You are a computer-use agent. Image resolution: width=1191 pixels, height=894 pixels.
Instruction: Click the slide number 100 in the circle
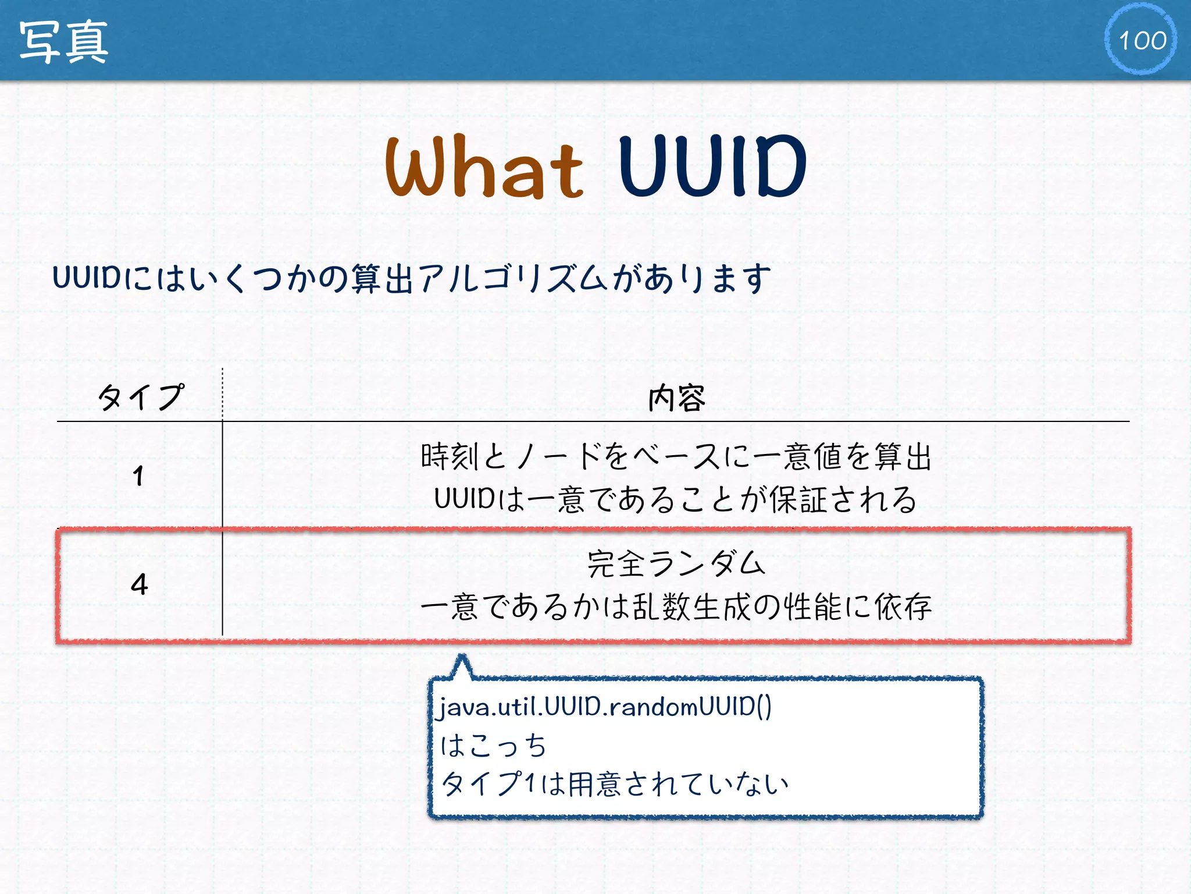tap(1142, 40)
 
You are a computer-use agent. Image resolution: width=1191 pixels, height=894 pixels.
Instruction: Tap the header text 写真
tap(63, 41)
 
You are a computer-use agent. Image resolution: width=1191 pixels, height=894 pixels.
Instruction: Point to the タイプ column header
tap(140, 398)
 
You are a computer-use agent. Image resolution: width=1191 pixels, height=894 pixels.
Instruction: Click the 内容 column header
tap(676, 399)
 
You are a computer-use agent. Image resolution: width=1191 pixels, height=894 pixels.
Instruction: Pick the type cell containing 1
tap(138, 476)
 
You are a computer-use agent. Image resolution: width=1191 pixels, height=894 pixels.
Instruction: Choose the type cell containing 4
tap(139, 584)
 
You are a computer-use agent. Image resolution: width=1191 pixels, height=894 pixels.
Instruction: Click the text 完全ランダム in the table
tap(676, 563)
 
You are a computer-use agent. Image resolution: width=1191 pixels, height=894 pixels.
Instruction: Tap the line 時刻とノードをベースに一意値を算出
tap(676, 456)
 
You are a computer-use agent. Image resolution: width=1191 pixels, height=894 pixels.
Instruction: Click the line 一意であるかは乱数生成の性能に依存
tap(676, 607)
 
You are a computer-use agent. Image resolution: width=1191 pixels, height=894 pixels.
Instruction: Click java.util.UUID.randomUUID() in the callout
tap(605, 707)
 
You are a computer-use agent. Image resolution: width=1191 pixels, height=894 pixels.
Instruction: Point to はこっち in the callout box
tap(493, 746)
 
